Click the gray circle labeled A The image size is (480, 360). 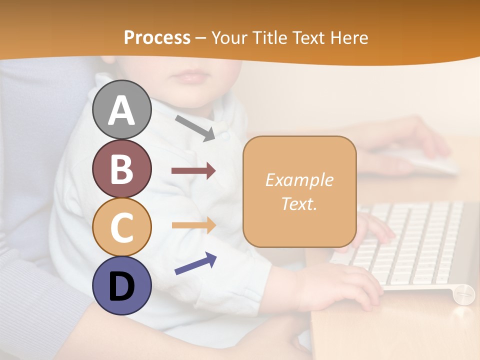pyautogui.click(x=121, y=109)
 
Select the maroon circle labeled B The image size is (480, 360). pyautogui.click(x=121, y=168)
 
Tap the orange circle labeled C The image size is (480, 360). pyautogui.click(x=121, y=227)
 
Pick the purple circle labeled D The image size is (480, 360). pyautogui.click(x=121, y=285)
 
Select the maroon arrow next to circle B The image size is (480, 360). pyautogui.click(x=193, y=171)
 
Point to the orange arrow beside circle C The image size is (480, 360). pyautogui.click(x=193, y=225)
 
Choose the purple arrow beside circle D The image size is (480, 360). pyautogui.click(x=195, y=263)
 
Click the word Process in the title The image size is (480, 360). pyautogui.click(x=157, y=37)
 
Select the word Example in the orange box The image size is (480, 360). pyautogui.click(x=299, y=180)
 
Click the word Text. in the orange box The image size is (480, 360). pyautogui.click(x=299, y=203)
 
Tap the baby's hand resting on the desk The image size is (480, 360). pyautogui.click(x=335, y=285)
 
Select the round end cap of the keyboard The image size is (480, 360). pyautogui.click(x=464, y=293)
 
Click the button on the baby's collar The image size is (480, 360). pyautogui.click(x=225, y=135)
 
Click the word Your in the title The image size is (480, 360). pyautogui.click(x=229, y=37)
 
